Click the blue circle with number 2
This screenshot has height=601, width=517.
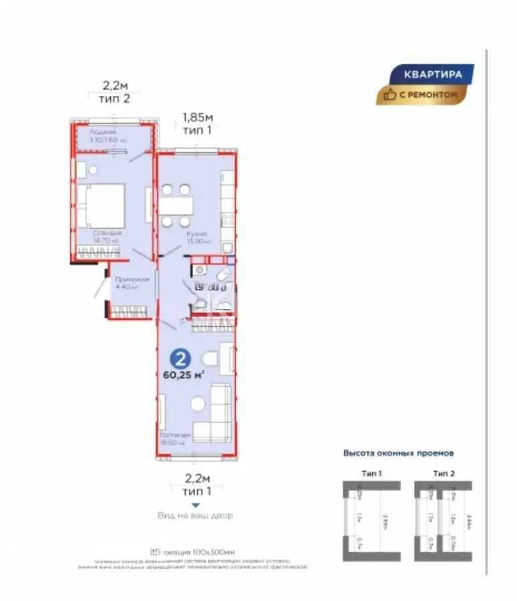pyautogui.click(x=178, y=357)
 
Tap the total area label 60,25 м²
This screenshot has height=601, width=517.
pyautogui.click(x=183, y=375)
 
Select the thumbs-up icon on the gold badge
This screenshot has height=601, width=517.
pyautogui.click(x=390, y=95)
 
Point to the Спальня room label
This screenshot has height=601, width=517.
pyautogui.click(x=108, y=234)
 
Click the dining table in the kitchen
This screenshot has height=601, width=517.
pyautogui.click(x=177, y=204)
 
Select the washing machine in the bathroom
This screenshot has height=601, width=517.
pyautogui.click(x=200, y=270)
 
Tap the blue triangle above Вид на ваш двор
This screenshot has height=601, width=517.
pyautogui.click(x=196, y=506)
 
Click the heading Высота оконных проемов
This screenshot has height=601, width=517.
pyautogui.click(x=399, y=453)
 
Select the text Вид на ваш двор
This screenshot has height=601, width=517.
pyautogui.click(x=196, y=516)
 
